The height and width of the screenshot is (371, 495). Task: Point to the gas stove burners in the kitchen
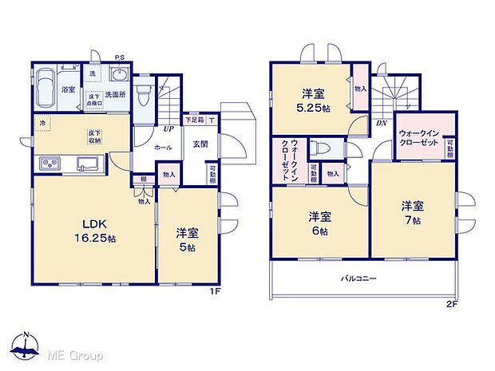(49, 164)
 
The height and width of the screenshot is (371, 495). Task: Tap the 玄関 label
(200, 144)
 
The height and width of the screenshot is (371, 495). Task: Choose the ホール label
(163, 148)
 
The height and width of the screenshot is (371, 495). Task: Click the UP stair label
(168, 128)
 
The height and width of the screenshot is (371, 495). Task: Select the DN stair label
(381, 124)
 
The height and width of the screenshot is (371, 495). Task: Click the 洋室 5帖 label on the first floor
(187, 239)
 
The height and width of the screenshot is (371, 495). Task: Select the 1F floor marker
(215, 292)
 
